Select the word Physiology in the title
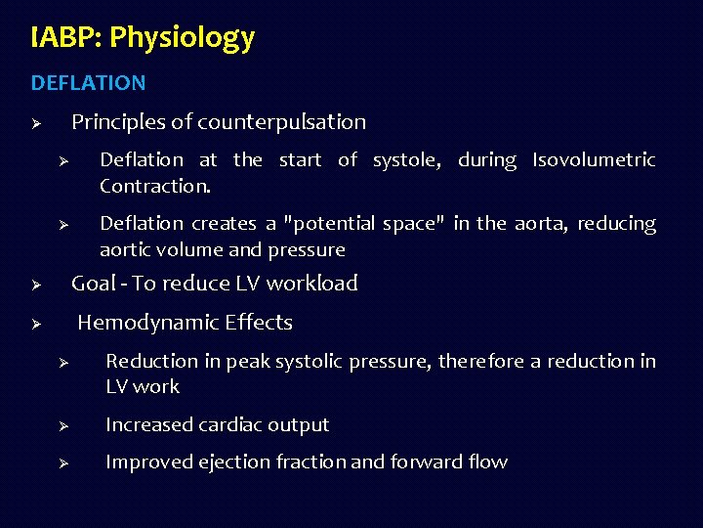tap(183, 38)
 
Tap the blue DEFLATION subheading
tap(88, 83)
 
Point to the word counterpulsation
tap(281, 122)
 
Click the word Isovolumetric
tap(594, 159)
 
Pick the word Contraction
tap(154, 185)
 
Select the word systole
tap(408, 159)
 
